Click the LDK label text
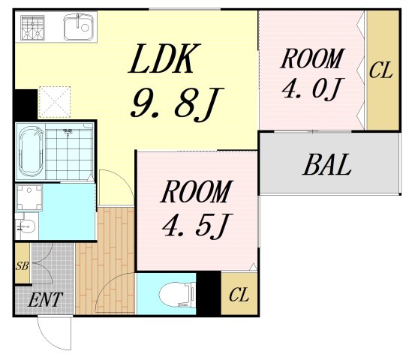coord(164,58)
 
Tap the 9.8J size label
coord(176,103)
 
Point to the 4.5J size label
coord(197,226)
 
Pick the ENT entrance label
coord(45,300)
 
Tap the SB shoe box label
coord(22,265)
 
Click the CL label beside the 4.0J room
coord(380,70)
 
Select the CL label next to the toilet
coord(239,295)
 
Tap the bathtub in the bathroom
coord(31,151)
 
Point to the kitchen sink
coord(79,27)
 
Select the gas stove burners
coord(32,28)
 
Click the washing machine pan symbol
coord(29,197)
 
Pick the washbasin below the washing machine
coord(27,226)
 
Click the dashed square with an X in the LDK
coord(55,102)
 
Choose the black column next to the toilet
coord(209,293)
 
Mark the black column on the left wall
coord(26,105)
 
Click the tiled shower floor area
coord(69,151)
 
